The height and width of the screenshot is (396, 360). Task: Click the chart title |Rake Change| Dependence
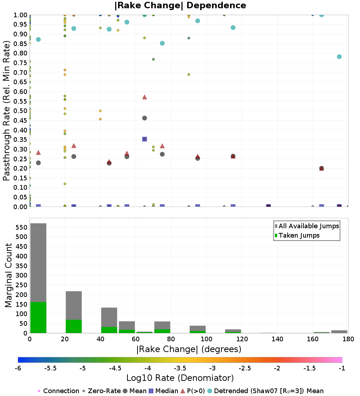click(x=180, y=5)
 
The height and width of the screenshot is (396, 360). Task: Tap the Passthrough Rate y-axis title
click(x=6, y=111)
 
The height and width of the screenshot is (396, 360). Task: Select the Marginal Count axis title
click(x=8, y=275)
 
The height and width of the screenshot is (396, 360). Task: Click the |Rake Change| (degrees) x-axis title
click(x=189, y=349)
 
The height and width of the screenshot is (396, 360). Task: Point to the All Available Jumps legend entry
click(x=307, y=226)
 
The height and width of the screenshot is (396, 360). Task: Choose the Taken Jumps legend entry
click(x=297, y=235)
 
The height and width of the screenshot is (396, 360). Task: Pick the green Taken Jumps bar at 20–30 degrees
click(x=74, y=326)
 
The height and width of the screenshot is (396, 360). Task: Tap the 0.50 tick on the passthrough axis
click(x=20, y=111)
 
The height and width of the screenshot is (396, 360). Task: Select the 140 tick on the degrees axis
click(x=278, y=339)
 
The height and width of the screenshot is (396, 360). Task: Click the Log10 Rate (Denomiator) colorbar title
click(x=180, y=378)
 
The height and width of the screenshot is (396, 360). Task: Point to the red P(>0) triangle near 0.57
click(x=144, y=97)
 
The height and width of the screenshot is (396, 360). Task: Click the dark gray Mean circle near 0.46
click(x=144, y=118)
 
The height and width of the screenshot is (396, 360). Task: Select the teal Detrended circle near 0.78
click(x=339, y=57)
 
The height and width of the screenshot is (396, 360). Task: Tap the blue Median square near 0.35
click(x=144, y=139)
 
